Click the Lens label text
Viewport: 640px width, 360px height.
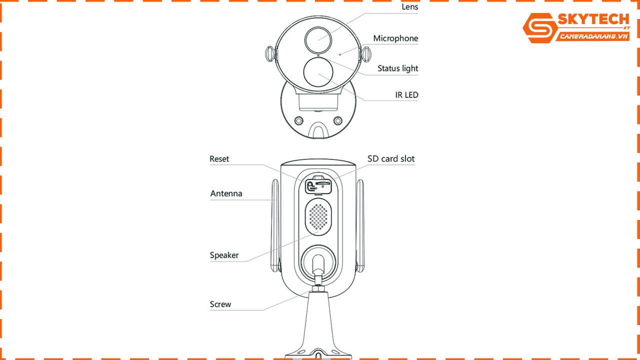pyautogui.click(x=410, y=7)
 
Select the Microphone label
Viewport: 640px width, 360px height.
pyautogui.click(x=395, y=38)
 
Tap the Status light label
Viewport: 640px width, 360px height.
pyautogui.click(x=397, y=68)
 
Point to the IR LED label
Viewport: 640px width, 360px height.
pyautogui.click(x=406, y=95)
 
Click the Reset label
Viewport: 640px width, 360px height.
pyautogui.click(x=219, y=159)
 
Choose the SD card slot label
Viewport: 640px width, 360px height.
pyautogui.click(x=391, y=159)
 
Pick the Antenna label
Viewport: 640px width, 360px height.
pyautogui.click(x=226, y=193)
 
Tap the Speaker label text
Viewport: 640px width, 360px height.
pyautogui.click(x=224, y=255)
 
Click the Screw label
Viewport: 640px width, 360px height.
pyautogui.click(x=220, y=304)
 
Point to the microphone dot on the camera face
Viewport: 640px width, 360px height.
pyautogui.click(x=340, y=53)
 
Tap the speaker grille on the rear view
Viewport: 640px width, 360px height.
pyautogui.click(x=318, y=215)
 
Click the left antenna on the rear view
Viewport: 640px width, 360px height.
pyautogui.click(x=275, y=225)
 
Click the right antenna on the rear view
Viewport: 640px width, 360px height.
pyautogui.click(x=360, y=225)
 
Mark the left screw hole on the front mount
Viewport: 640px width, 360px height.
pyautogui.click(x=299, y=121)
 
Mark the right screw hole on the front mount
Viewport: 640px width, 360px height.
pyautogui.click(x=338, y=121)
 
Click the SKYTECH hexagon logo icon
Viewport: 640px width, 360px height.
pyautogui.click(x=540, y=28)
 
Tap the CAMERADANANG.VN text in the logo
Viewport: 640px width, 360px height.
pyautogui.click(x=593, y=36)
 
